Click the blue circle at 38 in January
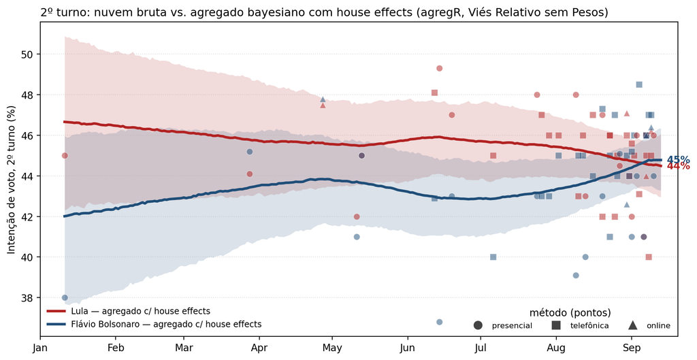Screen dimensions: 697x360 click(65, 297)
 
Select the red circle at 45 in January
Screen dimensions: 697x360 click(65, 156)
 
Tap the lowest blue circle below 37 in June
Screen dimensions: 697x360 click(439, 322)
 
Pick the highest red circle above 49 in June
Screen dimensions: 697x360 click(439, 69)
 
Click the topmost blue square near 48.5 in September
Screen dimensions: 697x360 click(638, 84)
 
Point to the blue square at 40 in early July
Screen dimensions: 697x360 click(493, 257)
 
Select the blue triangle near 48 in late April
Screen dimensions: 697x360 click(323, 99)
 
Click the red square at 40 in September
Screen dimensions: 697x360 click(649, 257)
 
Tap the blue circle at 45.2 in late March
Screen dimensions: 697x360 click(250, 152)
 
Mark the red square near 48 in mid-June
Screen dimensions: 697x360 click(434, 93)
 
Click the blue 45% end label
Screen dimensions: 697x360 click(679, 160)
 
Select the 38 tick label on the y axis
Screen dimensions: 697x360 click(28, 298)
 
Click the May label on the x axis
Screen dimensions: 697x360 click(332, 348)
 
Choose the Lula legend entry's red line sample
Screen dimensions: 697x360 click(56, 312)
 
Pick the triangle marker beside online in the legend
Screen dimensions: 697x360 click(632, 325)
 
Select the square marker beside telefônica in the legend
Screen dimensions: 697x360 click(556, 325)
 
